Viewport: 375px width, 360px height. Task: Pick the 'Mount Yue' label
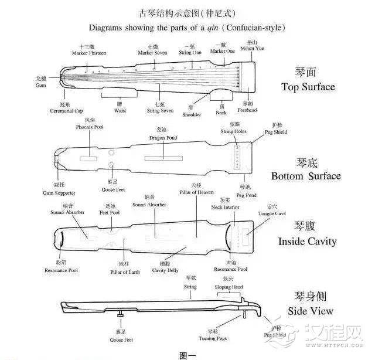(252, 48)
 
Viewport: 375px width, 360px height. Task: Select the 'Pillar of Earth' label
(125, 272)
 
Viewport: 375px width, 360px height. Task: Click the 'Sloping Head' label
(229, 287)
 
